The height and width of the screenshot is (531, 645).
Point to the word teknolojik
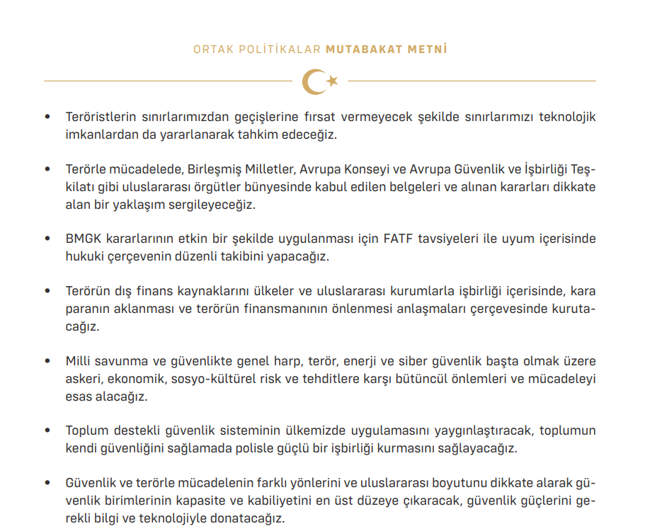(x=568, y=116)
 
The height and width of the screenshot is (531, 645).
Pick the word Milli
(x=78, y=361)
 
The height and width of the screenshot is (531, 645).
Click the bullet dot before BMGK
(x=48, y=239)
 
